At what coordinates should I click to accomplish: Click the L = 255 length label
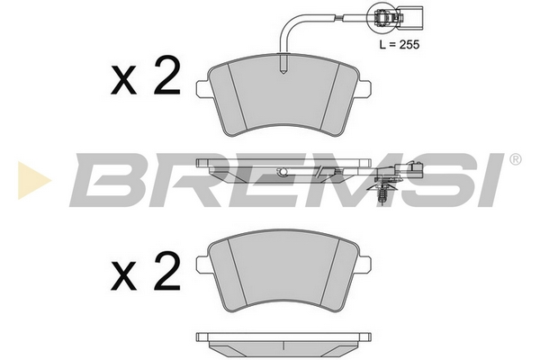click(400, 44)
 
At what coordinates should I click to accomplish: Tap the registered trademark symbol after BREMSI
click(515, 159)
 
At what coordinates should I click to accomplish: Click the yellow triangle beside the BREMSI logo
click(34, 180)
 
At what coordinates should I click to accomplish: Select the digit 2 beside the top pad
click(167, 76)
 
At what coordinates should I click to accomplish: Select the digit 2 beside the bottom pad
click(167, 271)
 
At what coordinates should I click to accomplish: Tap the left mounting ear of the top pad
click(203, 88)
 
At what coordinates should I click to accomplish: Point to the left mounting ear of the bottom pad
click(203, 265)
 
